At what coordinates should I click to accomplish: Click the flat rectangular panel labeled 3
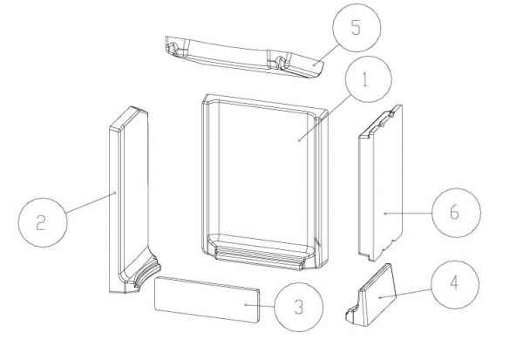207,299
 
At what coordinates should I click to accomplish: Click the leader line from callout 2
91,202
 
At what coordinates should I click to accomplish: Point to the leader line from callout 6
409,213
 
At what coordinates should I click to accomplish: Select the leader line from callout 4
405,293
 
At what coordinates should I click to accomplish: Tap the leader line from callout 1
324,118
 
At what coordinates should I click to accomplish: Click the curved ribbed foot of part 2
146,272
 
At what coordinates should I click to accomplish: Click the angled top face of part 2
128,119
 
